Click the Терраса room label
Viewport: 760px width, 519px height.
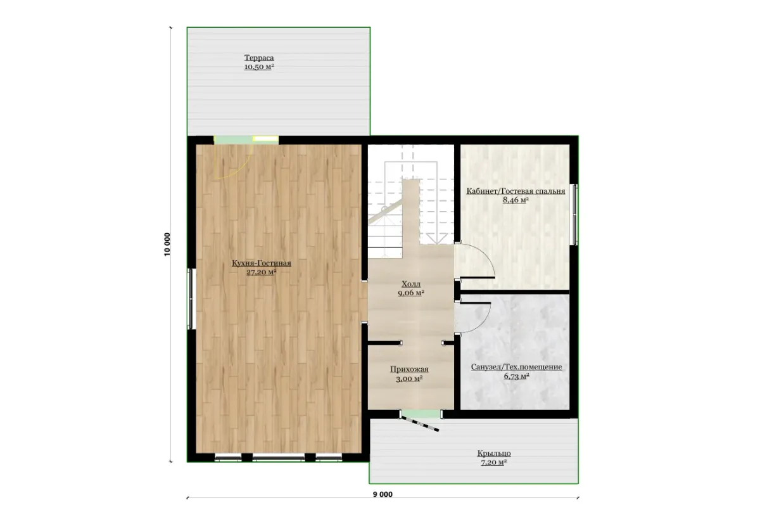point(259,58)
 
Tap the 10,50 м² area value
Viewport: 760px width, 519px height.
point(259,67)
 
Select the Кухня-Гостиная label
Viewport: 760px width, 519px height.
point(261,263)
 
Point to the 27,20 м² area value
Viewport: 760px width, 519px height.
point(261,272)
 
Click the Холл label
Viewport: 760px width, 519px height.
point(411,284)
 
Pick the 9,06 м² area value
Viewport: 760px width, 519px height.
point(411,293)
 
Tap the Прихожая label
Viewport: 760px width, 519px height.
point(409,369)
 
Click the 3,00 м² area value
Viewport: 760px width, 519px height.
point(409,378)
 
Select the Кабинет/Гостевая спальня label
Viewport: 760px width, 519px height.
point(516,191)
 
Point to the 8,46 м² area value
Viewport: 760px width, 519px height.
point(516,200)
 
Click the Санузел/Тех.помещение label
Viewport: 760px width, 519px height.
point(516,367)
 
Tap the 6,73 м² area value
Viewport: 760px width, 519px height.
point(516,376)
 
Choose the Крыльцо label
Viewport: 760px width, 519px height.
point(494,453)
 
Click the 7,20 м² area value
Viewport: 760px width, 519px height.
point(494,463)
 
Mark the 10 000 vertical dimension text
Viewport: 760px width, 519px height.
point(167,245)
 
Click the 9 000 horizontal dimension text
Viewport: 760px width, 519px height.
point(383,494)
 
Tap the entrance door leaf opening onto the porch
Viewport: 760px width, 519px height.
point(420,423)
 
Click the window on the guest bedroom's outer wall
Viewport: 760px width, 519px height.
point(575,214)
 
